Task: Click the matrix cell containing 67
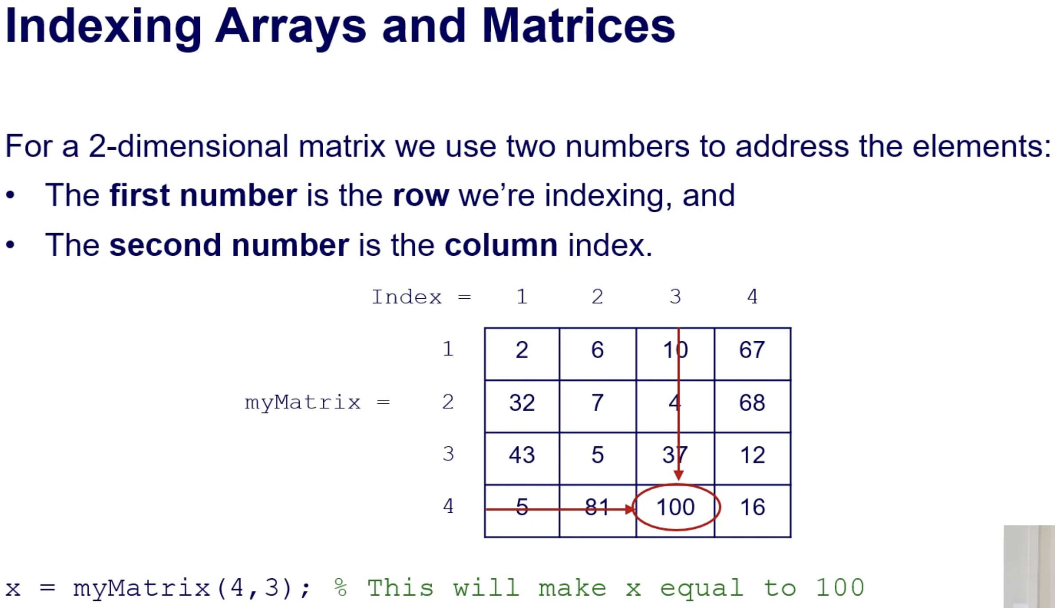click(752, 354)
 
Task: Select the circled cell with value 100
click(676, 511)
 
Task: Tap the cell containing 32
click(522, 406)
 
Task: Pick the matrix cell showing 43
click(522, 459)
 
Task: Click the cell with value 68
click(752, 406)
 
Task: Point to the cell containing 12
click(752, 459)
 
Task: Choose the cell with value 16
click(752, 511)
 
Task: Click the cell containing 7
click(598, 406)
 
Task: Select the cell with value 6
click(598, 354)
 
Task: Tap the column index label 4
click(752, 296)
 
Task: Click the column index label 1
click(522, 296)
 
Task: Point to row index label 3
click(448, 454)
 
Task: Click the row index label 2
click(448, 401)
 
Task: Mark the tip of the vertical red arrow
click(678, 480)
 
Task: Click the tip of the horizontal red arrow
click(635, 510)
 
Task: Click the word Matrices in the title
click(578, 27)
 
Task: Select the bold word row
click(421, 195)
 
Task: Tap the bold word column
click(501, 245)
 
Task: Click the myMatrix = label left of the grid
click(317, 403)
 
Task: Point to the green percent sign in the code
click(340, 588)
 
